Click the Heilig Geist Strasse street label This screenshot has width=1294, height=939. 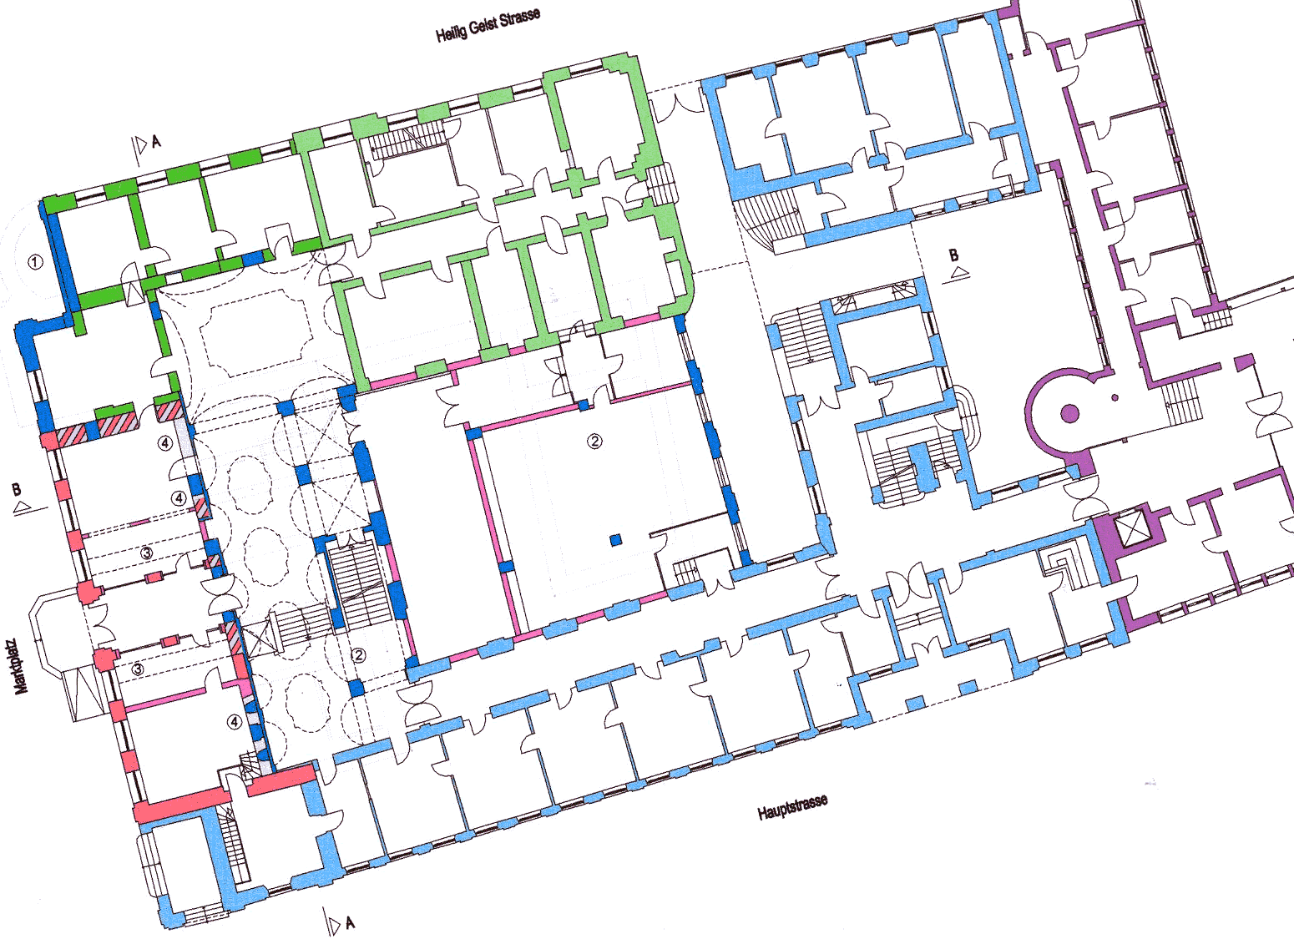pyautogui.click(x=488, y=25)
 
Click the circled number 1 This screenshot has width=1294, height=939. pyautogui.click(x=35, y=262)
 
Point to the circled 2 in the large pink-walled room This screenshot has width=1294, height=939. pyautogui.click(x=594, y=442)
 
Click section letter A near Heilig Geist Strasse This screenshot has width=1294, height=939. pyautogui.click(x=155, y=142)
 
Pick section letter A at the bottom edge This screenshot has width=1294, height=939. pyautogui.click(x=350, y=923)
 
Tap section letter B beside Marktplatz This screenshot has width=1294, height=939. pyautogui.click(x=17, y=490)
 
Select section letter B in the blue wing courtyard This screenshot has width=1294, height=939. pyautogui.click(x=953, y=255)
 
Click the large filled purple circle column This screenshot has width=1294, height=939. pyautogui.click(x=1069, y=413)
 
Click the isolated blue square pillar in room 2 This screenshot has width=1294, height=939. pyautogui.click(x=616, y=540)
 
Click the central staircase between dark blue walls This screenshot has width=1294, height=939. pyautogui.click(x=358, y=584)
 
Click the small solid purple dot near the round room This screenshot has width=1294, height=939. pyautogui.click(x=1115, y=397)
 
